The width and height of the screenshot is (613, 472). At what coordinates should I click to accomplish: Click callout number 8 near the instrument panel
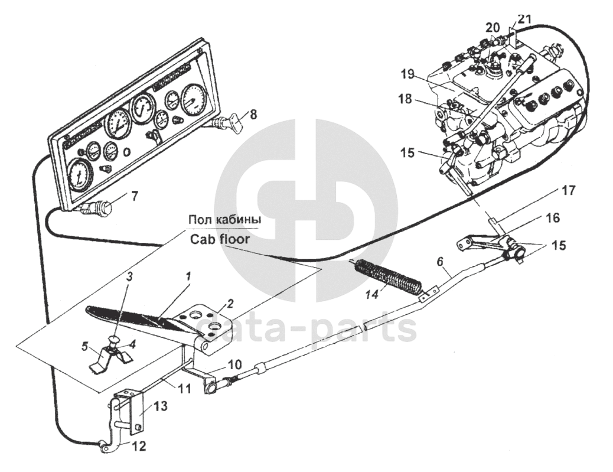[253, 115]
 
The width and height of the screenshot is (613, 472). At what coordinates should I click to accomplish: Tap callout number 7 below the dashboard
[135, 196]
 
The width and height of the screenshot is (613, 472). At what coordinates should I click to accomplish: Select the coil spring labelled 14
[387, 276]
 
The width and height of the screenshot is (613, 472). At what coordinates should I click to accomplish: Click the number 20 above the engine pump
[493, 27]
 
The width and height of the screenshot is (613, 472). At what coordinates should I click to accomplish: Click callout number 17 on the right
[568, 191]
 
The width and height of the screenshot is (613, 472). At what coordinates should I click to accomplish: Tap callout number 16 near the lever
[552, 218]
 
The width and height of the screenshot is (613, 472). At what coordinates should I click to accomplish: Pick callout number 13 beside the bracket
[161, 406]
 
